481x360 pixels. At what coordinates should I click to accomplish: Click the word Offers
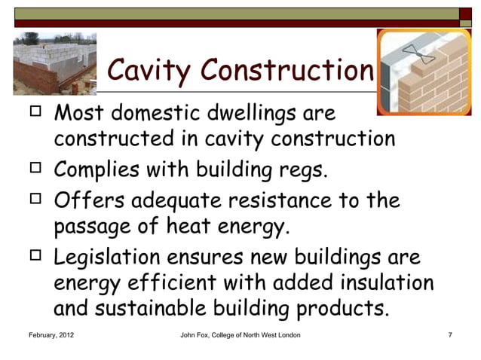pos(87,202)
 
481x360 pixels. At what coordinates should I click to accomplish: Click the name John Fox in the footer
pos(199,333)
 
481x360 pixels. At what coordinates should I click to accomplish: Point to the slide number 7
pos(449,333)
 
